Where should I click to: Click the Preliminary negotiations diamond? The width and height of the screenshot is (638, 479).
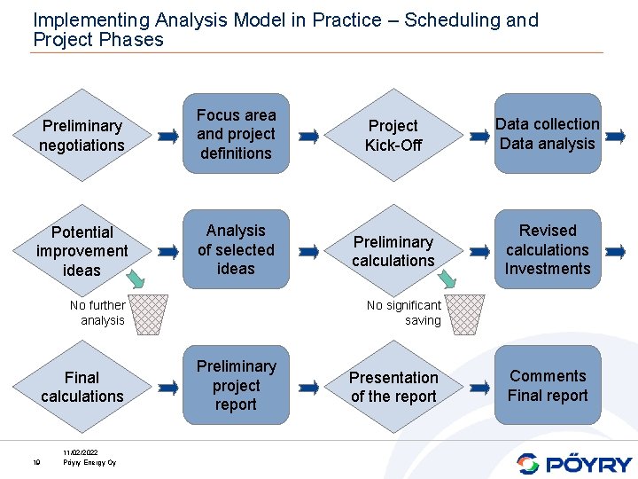pyautogui.click(x=82, y=136)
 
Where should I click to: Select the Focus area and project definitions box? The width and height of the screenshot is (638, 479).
pyautogui.click(x=236, y=135)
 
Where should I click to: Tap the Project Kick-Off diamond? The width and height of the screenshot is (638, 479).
pyautogui.click(x=393, y=136)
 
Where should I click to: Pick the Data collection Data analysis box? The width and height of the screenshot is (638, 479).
pyautogui.click(x=547, y=134)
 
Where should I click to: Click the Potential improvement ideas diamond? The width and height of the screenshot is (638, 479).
pyautogui.click(x=82, y=251)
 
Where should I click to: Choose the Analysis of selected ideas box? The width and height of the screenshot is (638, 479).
pyautogui.click(x=236, y=249)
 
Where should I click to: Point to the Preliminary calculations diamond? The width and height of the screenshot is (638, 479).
pyautogui.click(x=393, y=251)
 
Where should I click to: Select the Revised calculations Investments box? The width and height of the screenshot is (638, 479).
pyautogui.click(x=547, y=249)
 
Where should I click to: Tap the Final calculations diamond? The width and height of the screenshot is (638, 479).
pyautogui.click(x=82, y=387)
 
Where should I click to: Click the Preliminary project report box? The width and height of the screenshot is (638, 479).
pyautogui.click(x=236, y=386)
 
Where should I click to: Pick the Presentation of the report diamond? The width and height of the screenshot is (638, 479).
pyautogui.click(x=393, y=387)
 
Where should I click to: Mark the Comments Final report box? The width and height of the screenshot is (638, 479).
pyautogui.click(x=547, y=386)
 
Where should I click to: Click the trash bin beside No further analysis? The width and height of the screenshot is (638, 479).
pyautogui.click(x=149, y=313)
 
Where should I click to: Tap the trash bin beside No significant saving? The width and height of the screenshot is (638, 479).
pyautogui.click(x=465, y=313)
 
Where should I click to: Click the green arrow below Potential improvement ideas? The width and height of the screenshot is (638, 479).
pyautogui.click(x=135, y=279)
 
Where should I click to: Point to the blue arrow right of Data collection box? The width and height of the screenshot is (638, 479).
pyautogui.click(x=617, y=137)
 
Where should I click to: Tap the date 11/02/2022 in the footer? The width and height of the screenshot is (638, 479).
pyautogui.click(x=81, y=453)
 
